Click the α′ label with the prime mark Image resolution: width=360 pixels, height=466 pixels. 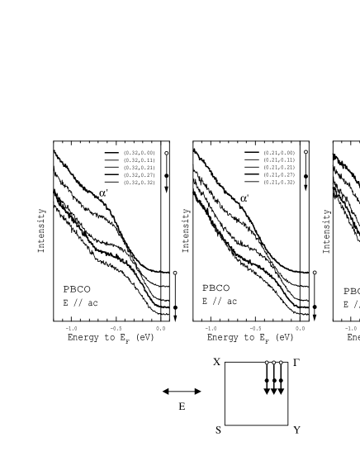pos(103,193)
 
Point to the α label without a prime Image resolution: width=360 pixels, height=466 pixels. pos(244,199)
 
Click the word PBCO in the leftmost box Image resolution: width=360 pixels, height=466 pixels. pos(78,289)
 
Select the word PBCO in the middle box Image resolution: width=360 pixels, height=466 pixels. pos(216,288)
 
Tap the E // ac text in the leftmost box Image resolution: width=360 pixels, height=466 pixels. pos(80,302)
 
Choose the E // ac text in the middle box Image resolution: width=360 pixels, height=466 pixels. pos(219,301)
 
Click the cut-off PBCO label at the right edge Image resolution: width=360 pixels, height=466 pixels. pos(352,292)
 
